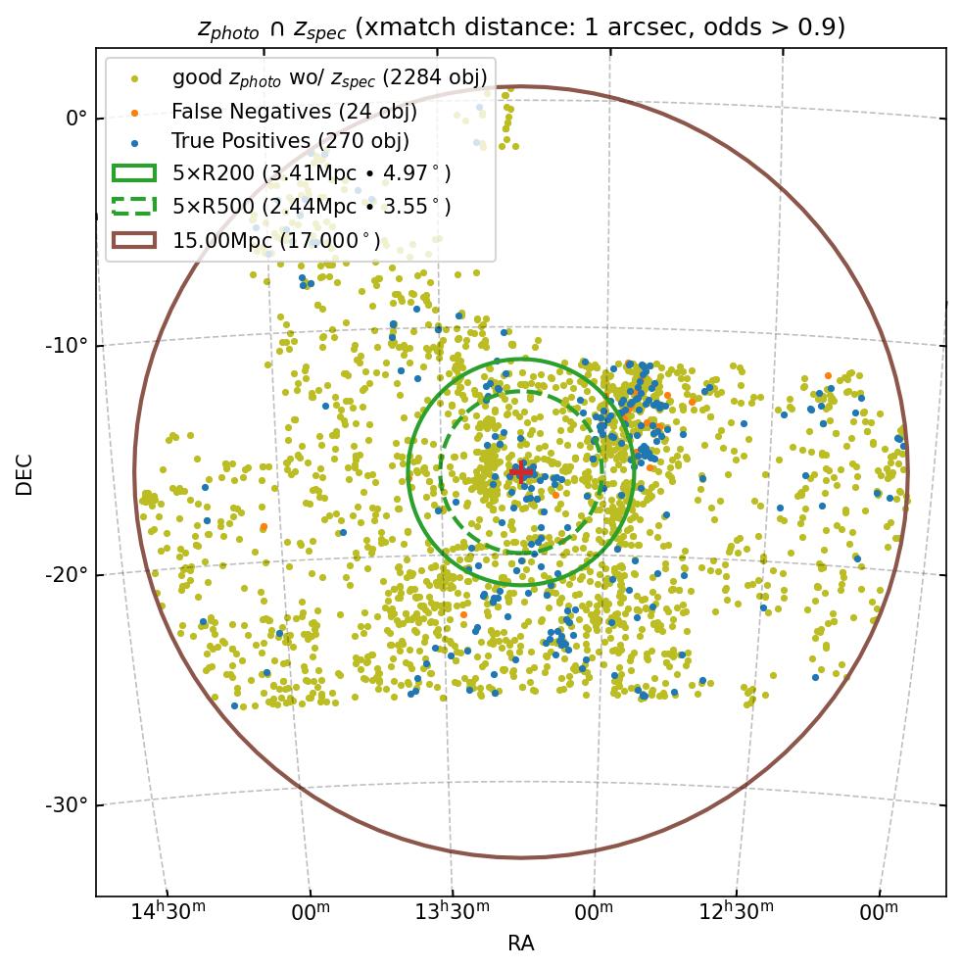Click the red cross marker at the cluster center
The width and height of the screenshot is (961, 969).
pyautogui.click(x=520, y=472)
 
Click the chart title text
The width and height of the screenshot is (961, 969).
pyautogui.click(x=520, y=27)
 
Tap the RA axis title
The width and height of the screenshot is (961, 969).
pyautogui.click(x=520, y=944)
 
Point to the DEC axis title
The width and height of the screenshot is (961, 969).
pyautogui.click(x=24, y=473)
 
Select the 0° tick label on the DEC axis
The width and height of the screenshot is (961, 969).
pyautogui.click(x=76, y=118)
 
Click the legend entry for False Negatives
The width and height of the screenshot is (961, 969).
pyautogui.click(x=295, y=110)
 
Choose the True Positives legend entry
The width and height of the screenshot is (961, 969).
pyautogui.click(x=290, y=142)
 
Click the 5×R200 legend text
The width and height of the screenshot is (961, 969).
pyautogui.click(x=312, y=174)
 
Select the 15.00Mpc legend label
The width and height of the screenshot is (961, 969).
pyautogui.click(x=276, y=240)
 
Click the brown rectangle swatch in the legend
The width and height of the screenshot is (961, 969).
pyautogui.click(x=134, y=240)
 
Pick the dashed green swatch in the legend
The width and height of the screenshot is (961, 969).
pyautogui.click(x=134, y=207)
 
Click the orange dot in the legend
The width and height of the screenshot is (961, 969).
pyautogui.click(x=134, y=110)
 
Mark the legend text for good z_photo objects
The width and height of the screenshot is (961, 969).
pyautogui.click(x=329, y=77)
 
